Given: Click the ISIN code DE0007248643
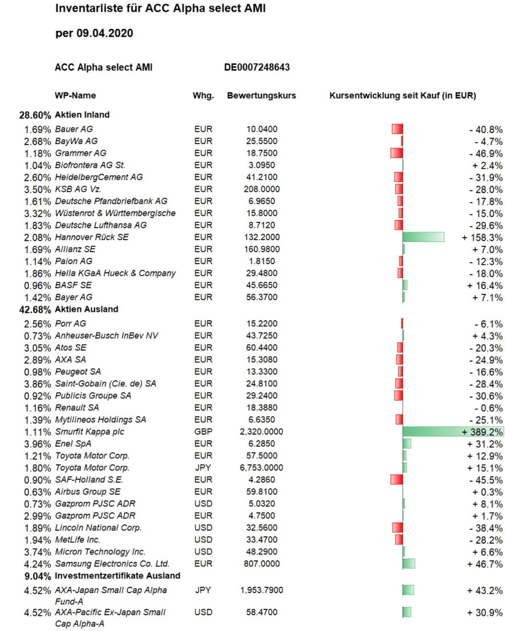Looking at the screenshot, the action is [256, 67].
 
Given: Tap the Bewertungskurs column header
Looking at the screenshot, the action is [261, 96].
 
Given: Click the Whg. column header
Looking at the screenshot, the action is [203, 96].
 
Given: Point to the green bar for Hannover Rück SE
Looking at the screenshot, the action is [423, 237].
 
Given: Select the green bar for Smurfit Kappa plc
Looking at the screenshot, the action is [453, 432].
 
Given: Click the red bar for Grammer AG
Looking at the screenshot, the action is [396, 153].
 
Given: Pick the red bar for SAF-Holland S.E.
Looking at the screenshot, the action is [396, 480].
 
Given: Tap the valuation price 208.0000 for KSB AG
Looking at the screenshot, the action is [261, 189].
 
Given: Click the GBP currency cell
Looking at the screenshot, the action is [203, 432].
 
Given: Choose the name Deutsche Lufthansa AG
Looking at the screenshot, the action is [101, 225].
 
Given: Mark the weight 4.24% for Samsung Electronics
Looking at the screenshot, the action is [37, 564].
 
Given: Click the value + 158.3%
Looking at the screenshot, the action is [482, 238].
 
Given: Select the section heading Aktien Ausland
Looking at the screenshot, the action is [87, 309].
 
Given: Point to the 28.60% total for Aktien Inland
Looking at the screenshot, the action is [35, 115].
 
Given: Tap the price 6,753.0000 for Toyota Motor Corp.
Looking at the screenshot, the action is [261, 468].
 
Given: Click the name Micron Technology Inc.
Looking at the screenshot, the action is [100, 552].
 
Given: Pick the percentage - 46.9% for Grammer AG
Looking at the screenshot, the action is [485, 154].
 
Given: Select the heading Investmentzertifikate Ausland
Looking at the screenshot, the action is [117, 575].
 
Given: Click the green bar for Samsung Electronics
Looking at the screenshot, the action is [409, 564].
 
